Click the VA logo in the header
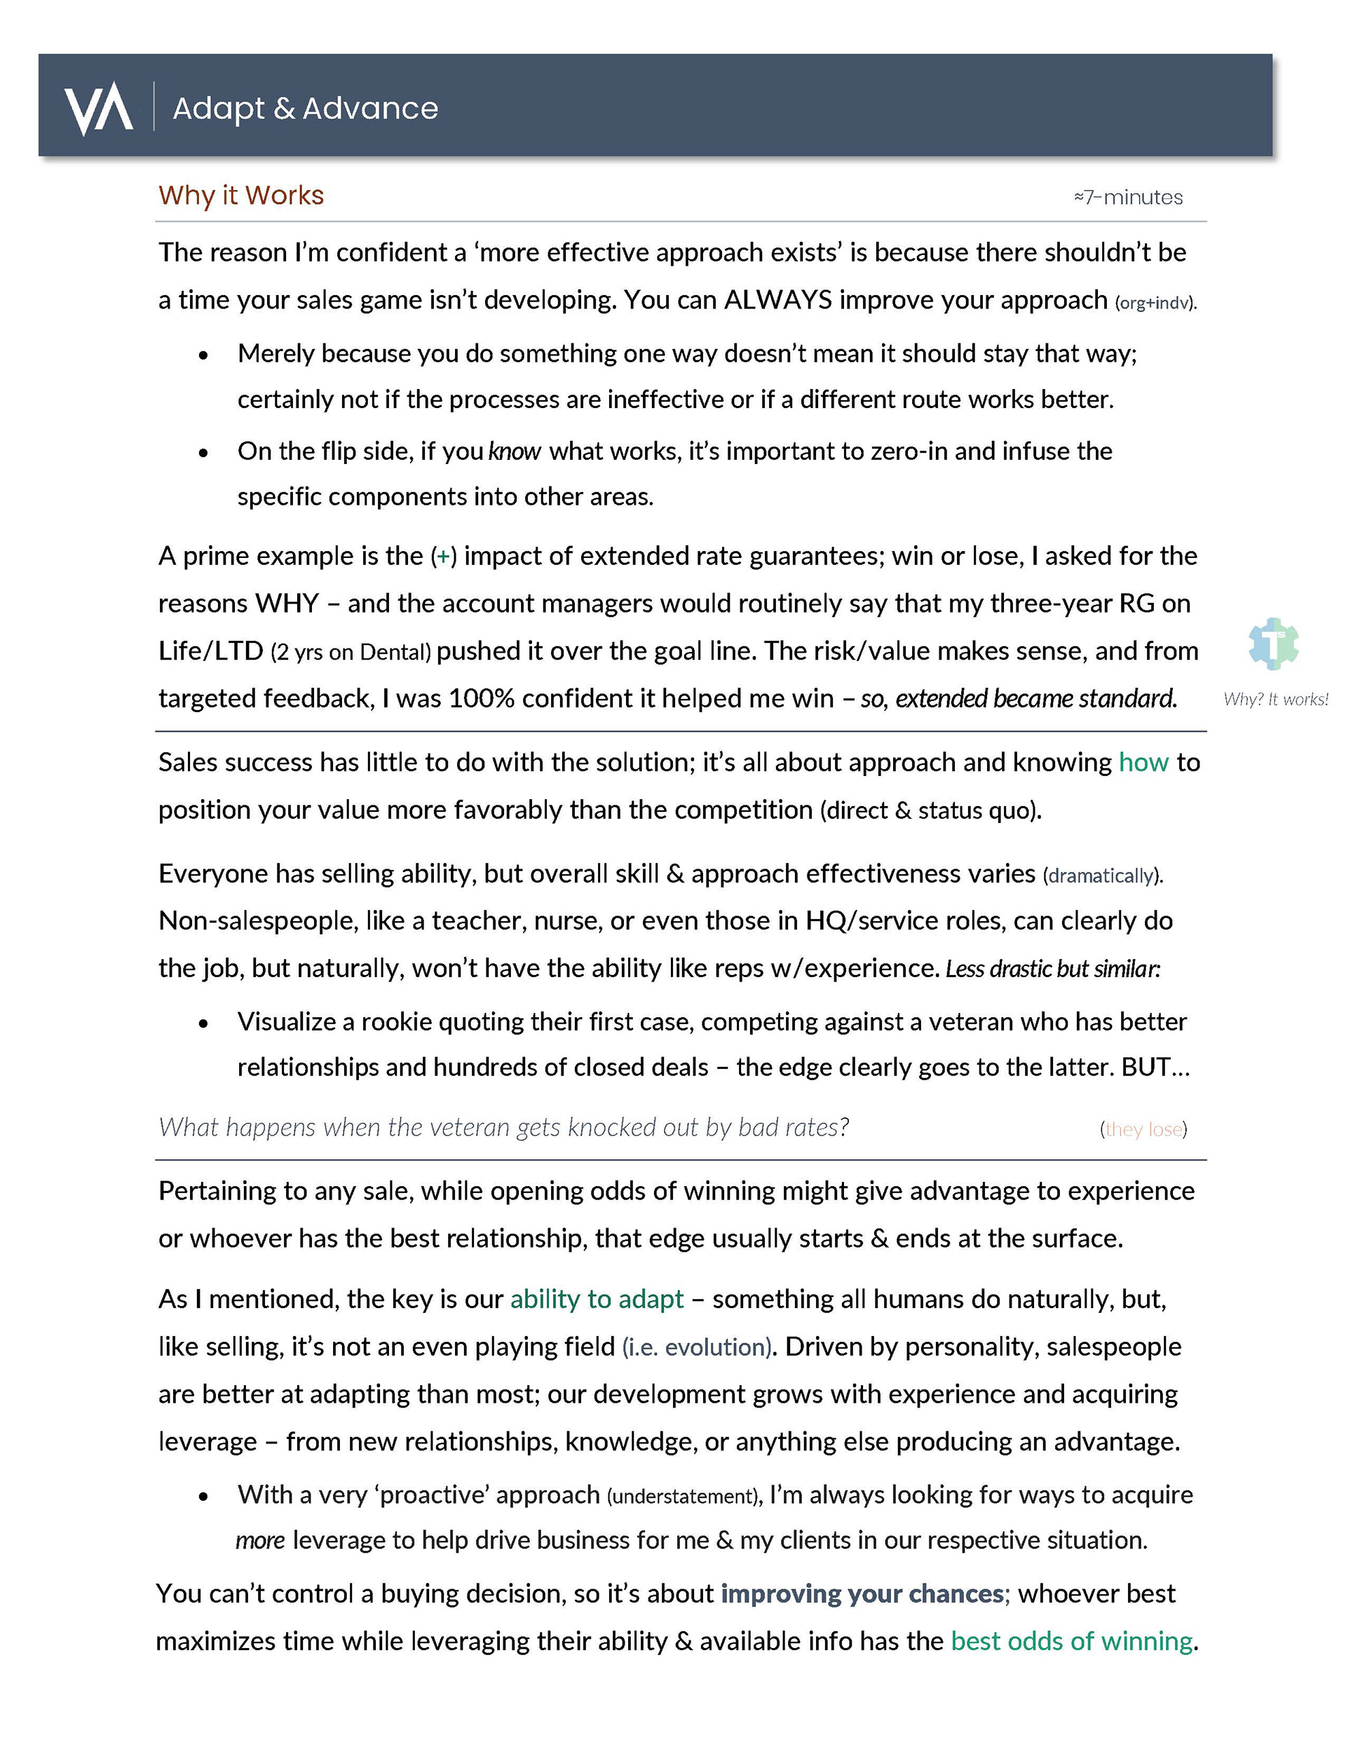(98, 108)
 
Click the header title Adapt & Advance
(305, 109)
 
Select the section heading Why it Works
(241, 196)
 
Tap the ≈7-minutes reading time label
(1127, 197)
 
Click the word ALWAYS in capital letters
(778, 300)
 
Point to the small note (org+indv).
(1155, 303)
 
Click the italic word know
(515, 451)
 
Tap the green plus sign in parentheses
(443, 556)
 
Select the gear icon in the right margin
(1273, 643)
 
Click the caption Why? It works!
(1276, 700)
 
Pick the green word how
(1143, 763)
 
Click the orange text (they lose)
(1143, 1129)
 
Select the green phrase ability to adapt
(597, 1300)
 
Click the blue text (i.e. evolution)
(698, 1347)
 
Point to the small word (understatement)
(682, 1497)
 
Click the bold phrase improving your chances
(862, 1593)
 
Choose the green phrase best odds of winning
(1071, 1642)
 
